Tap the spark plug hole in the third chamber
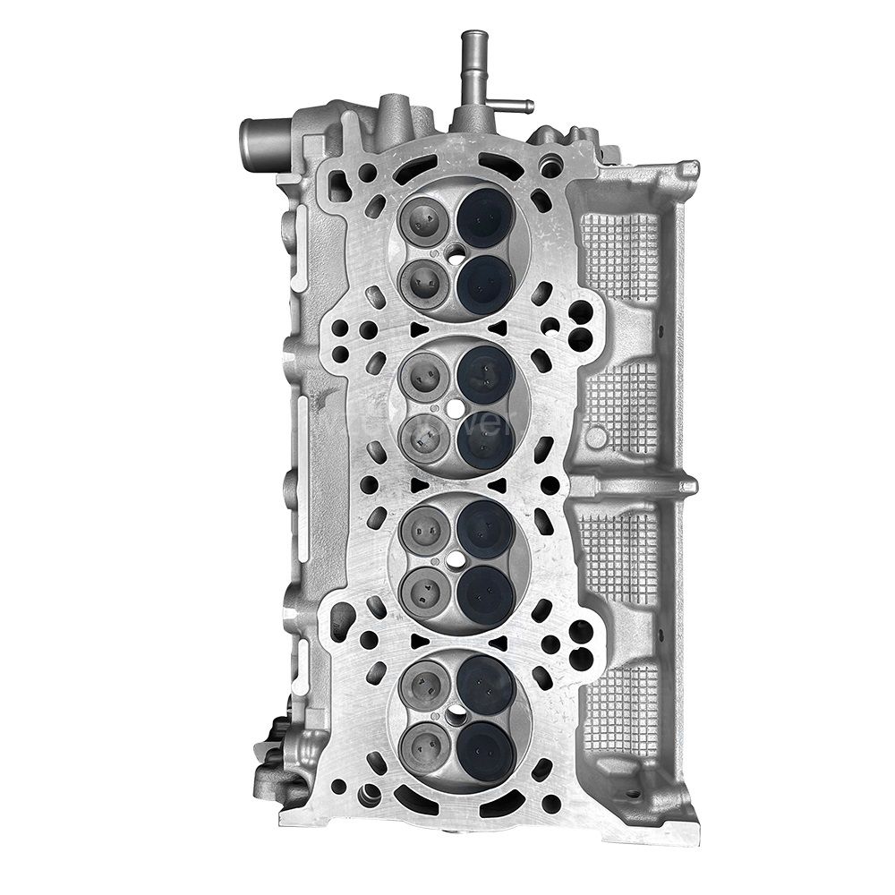click(x=456, y=562)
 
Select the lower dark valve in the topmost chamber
click(x=485, y=285)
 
